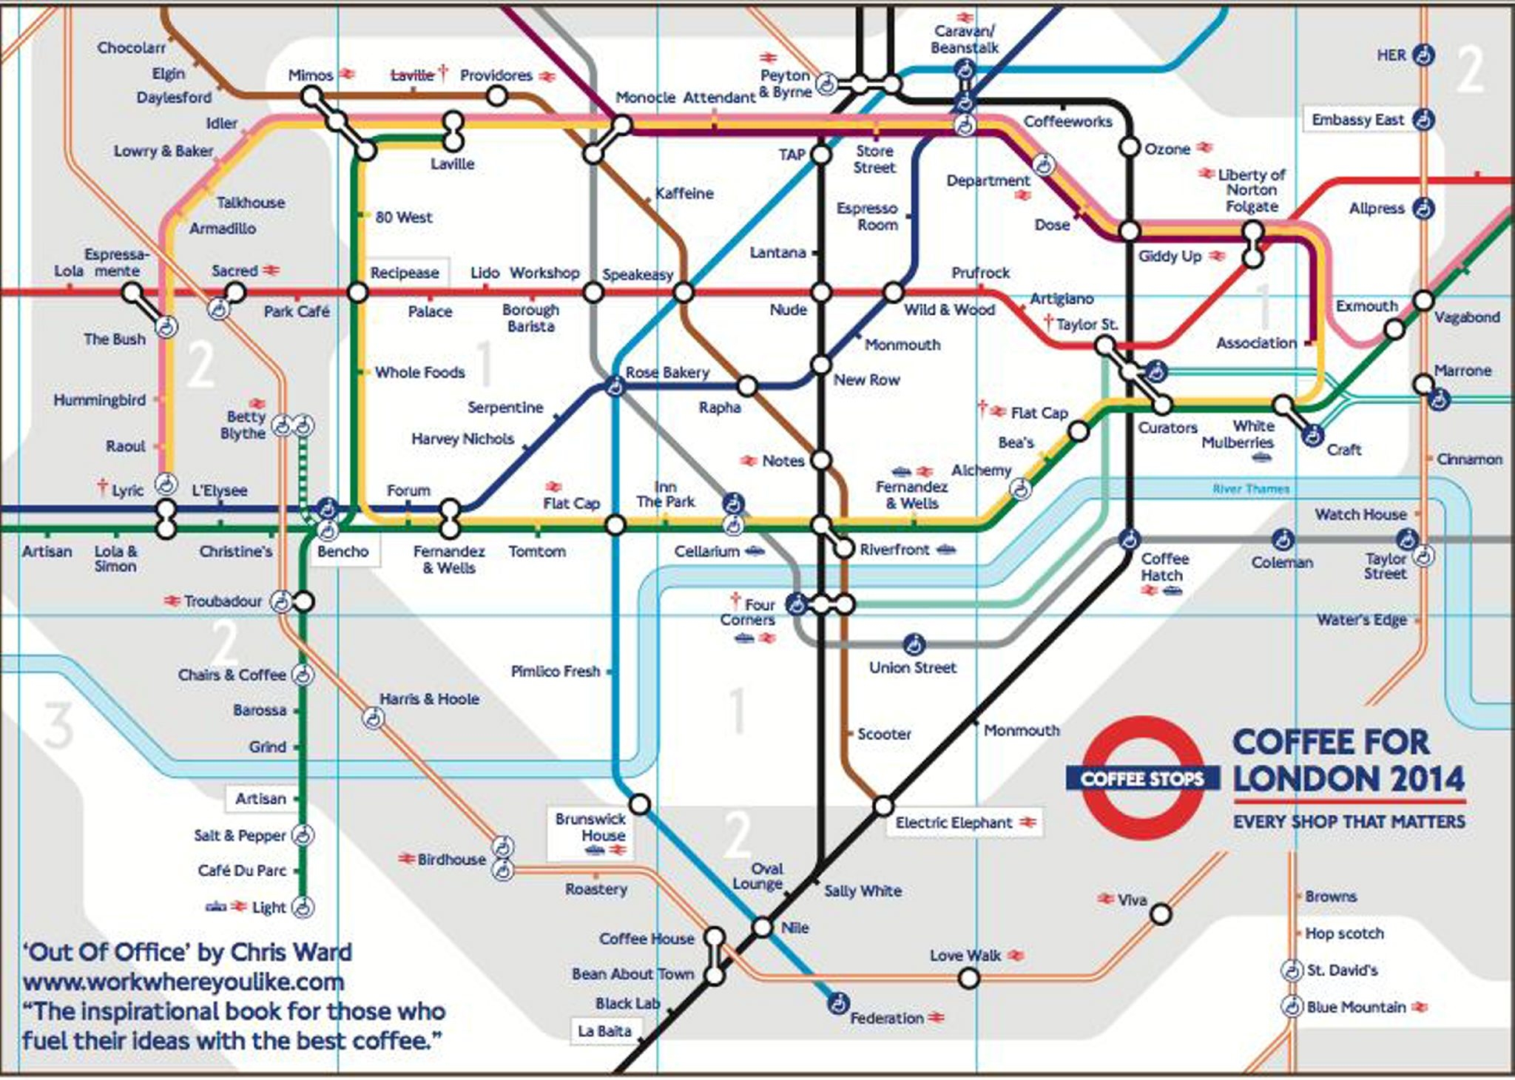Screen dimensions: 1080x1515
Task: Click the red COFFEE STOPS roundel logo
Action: tap(1142, 778)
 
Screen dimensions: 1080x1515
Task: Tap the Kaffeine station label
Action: tap(684, 193)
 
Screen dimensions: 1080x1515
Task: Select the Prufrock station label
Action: tap(980, 272)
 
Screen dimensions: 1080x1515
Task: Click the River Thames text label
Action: tap(1250, 488)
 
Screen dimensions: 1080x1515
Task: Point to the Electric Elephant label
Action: tap(954, 823)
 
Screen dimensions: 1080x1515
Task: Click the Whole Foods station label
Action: tap(419, 372)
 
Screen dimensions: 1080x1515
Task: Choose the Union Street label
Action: tap(912, 667)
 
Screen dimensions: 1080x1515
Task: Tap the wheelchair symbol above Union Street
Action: tap(914, 644)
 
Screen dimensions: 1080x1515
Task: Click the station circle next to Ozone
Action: tap(1129, 147)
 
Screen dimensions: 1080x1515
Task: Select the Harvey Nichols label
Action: tap(462, 439)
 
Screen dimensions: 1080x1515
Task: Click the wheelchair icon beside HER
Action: tap(1423, 55)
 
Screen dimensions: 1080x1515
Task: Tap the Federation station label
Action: tap(886, 1018)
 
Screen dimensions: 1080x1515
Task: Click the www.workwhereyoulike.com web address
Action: tap(183, 982)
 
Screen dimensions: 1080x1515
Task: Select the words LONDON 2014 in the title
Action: tap(1348, 779)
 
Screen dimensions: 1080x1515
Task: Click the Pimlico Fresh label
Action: tap(555, 671)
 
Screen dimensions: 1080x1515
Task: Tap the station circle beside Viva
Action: tap(1161, 914)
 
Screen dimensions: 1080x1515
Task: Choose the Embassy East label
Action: tap(1357, 120)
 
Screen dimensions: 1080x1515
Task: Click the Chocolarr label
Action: tap(131, 47)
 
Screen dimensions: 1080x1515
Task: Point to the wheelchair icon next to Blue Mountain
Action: tap(1291, 1007)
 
